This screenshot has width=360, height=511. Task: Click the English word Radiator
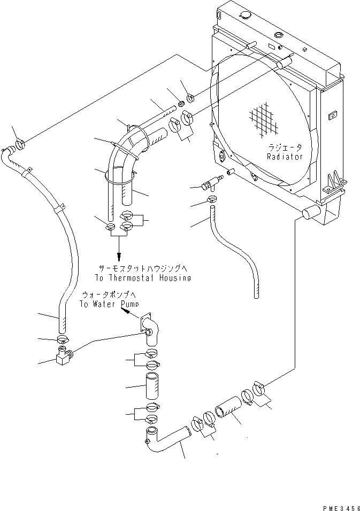point(285,157)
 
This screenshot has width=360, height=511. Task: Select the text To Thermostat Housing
point(143,278)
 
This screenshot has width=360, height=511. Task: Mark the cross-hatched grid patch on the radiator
point(264,118)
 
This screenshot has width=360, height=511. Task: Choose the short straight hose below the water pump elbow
point(150,388)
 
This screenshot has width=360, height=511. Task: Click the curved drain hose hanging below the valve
point(235,251)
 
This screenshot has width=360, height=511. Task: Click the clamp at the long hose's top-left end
point(21,144)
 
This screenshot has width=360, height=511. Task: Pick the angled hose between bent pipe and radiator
point(227,413)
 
